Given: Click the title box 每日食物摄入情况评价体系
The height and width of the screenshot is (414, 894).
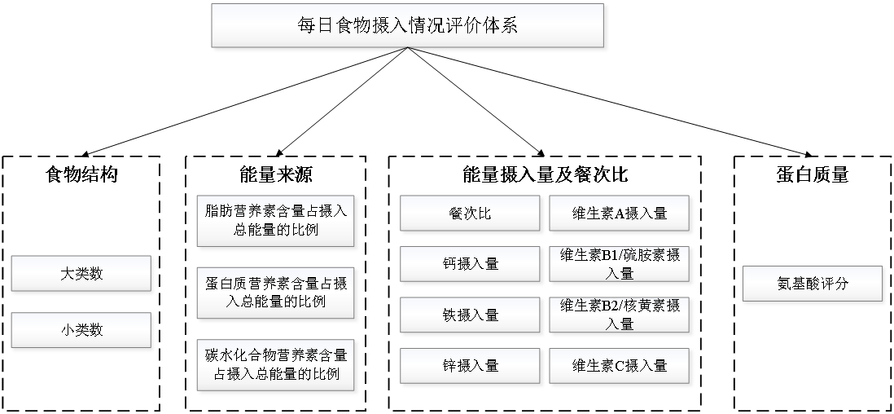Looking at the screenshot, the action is pos(408,25).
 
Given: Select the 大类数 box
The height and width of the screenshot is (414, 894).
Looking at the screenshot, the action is pos(81,274).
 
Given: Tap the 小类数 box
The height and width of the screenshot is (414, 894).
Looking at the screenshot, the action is pos(81,330).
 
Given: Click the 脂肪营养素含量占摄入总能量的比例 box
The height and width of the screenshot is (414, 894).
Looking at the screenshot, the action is pos(276,221).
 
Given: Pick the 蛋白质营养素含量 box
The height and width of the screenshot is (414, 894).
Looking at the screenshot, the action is pos(276,292).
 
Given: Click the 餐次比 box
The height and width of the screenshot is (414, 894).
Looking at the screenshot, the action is pos(471,214).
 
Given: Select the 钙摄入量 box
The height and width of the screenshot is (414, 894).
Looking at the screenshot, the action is pos(471,264).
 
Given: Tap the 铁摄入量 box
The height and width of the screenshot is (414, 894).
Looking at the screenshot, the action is pos(471,315).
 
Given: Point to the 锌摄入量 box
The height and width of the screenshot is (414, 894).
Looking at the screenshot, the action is pos(471,366).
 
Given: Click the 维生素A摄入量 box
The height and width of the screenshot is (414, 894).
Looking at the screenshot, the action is pos(620,214).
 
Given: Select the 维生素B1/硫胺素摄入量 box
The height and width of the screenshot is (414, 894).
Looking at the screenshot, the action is pos(620,264).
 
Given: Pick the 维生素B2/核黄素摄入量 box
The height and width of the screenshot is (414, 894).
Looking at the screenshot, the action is pos(620,315).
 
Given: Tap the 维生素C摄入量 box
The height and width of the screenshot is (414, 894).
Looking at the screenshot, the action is pos(620,366).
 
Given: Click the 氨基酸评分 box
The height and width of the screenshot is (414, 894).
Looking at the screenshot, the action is pos(813,284).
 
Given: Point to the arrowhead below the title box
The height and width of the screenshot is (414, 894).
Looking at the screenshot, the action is pos(410,52).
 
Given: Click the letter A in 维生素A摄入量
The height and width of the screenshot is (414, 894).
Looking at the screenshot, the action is pos(619,214).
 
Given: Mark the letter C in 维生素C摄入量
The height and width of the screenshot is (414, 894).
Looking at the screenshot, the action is pos(619,367).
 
